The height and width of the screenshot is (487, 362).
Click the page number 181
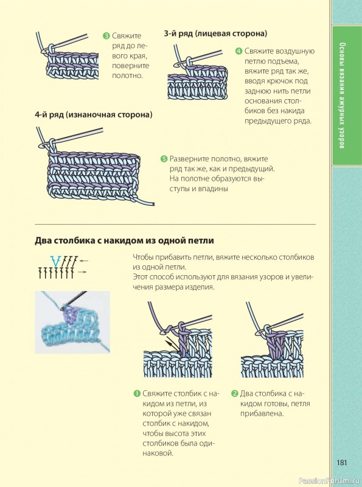tap(341, 463)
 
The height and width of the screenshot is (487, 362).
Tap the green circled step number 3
tap(106, 36)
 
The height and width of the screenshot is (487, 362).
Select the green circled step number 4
tap(238, 51)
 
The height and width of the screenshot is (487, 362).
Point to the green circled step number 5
tap(164, 159)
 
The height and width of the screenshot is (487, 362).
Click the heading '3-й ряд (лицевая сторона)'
tap(215, 33)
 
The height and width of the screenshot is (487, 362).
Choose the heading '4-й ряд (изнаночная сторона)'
tap(94, 114)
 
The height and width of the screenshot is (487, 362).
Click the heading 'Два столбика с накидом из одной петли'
tap(125, 240)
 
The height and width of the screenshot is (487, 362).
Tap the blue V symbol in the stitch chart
tap(55, 261)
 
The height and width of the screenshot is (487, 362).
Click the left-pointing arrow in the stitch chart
tap(84, 261)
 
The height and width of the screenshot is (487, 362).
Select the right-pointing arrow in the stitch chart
tap(82, 272)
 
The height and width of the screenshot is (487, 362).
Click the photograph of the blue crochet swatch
tap(72, 322)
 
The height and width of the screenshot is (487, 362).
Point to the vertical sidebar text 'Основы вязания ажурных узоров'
tap(342, 96)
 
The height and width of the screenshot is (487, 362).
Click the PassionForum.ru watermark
tap(329, 481)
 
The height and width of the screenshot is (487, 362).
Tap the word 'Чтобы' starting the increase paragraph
tap(142, 258)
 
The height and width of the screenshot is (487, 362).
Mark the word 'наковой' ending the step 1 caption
tap(158, 454)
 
